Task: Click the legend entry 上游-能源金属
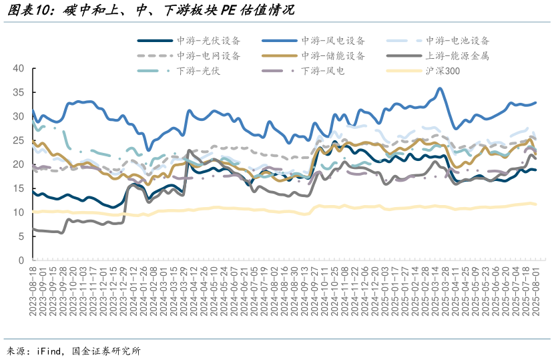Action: (x=458, y=56)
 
